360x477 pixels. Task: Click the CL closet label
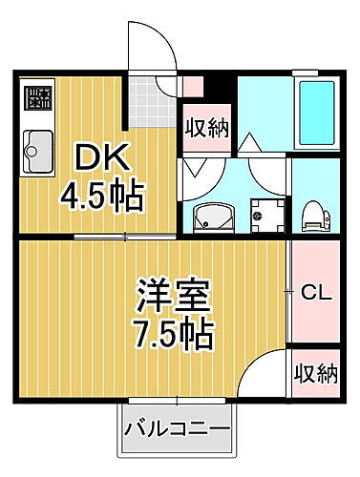coord(315,292)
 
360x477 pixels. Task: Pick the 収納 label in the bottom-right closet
coord(315,373)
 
